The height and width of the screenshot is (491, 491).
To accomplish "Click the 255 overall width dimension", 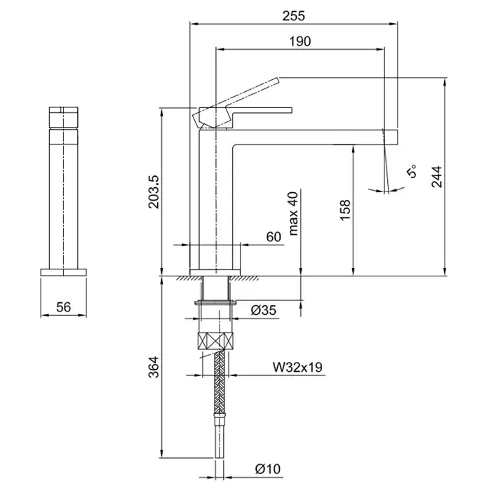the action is coord(293,15).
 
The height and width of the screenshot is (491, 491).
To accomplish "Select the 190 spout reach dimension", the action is coord(300,41).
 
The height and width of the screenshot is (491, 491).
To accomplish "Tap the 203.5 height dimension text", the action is coord(154,191).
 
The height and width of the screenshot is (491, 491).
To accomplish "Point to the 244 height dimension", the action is coord(436,177).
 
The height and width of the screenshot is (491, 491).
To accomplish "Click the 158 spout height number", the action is coord(345,210).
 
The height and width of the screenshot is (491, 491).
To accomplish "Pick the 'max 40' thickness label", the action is coord(294,213).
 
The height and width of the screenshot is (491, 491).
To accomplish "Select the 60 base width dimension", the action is coord(274,237).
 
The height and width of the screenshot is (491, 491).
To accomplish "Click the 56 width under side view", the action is coord(64,307).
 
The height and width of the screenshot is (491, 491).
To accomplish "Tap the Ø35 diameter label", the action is coord(264,310).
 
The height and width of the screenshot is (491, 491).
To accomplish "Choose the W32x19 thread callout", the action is coord(297,367).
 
